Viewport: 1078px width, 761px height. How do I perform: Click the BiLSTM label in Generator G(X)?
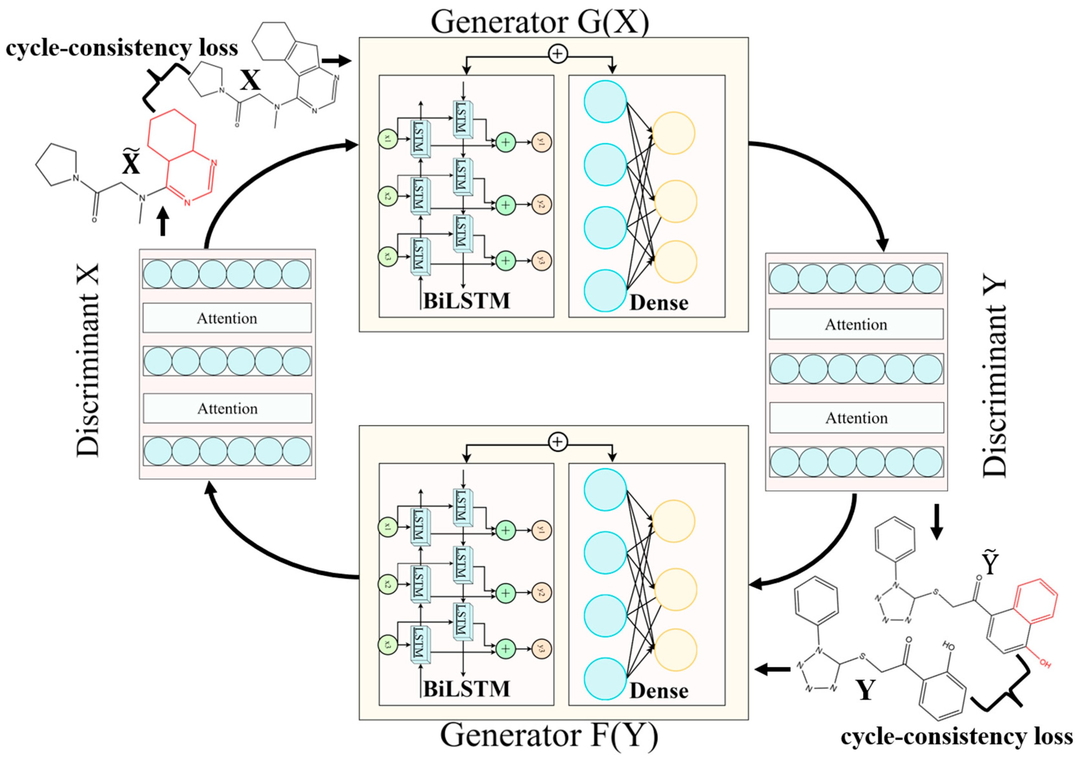tap(466, 301)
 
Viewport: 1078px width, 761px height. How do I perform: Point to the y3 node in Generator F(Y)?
tap(541, 649)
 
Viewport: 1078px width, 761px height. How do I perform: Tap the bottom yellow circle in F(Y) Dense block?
tap(675, 650)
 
